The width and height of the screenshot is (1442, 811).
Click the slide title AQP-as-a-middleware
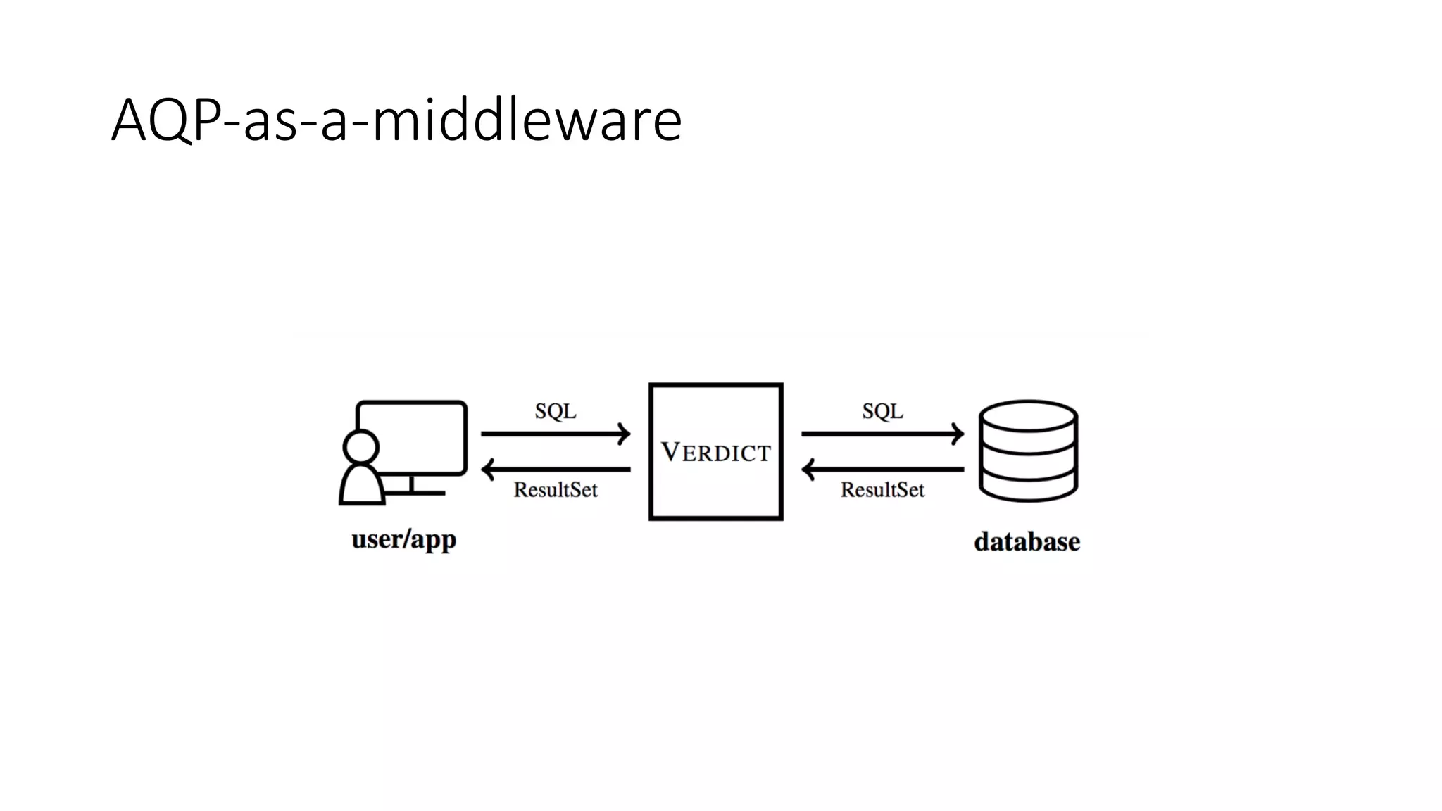(396, 120)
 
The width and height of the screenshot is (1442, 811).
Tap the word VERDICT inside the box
(715, 453)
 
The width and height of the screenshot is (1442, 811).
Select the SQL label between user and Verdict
(556, 411)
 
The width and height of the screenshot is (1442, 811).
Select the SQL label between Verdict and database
(882, 411)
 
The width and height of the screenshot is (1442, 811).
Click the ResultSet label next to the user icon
(556, 490)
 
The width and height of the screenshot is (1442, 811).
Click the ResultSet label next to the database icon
(882, 490)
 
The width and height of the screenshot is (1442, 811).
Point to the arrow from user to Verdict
(556, 434)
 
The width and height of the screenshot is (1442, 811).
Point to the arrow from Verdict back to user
(556, 469)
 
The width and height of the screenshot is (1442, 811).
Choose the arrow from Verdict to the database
(882, 434)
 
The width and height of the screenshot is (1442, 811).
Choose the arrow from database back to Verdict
(882, 469)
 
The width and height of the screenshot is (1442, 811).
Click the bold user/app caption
(404, 540)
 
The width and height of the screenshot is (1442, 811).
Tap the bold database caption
(1027, 542)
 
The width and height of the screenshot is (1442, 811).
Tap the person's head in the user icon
(360, 447)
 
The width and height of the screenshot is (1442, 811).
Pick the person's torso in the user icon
(362, 486)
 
